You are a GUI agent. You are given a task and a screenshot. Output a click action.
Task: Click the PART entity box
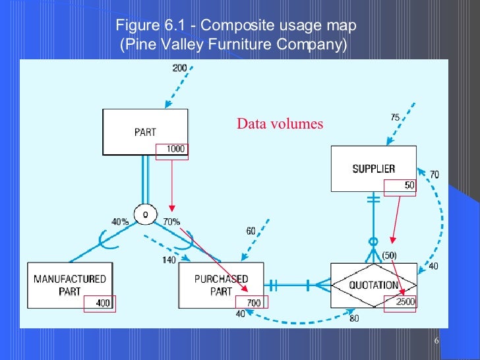tap(145, 132)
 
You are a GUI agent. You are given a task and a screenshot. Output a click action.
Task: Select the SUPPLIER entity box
tap(373, 169)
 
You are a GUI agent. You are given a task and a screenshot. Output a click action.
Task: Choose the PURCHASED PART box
tap(221, 285)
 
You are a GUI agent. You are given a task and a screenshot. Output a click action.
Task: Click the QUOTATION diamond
tap(373, 285)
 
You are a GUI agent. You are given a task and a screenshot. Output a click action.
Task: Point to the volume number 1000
tap(175, 149)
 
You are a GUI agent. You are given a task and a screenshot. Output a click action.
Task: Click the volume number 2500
tap(404, 302)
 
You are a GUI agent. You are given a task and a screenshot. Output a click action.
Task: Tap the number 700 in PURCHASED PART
tap(254, 303)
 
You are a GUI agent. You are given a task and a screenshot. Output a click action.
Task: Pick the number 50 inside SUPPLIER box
tap(409, 186)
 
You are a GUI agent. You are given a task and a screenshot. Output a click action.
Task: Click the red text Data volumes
tap(280, 123)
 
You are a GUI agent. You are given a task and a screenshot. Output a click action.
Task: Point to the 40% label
tap(120, 222)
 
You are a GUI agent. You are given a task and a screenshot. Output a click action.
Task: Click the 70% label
tap(171, 222)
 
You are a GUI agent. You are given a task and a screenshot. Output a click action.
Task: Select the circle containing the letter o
tap(145, 214)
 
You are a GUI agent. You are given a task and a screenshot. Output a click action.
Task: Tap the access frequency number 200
tap(179, 68)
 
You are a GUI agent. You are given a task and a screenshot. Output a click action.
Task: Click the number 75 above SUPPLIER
tap(395, 117)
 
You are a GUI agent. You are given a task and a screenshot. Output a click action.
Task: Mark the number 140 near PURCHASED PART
tap(169, 260)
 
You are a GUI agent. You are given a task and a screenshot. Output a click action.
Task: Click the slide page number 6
tap(437, 340)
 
